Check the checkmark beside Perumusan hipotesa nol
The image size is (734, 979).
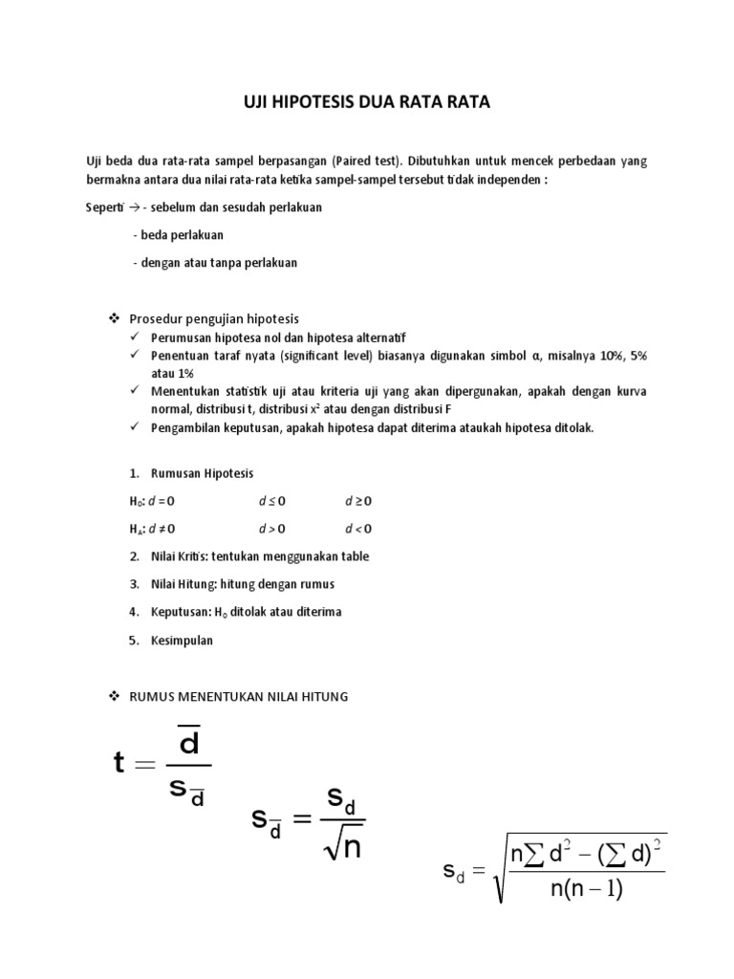point(136,337)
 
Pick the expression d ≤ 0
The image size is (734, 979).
point(272,501)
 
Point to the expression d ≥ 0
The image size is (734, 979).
point(358,501)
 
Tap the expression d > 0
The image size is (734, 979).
point(272,528)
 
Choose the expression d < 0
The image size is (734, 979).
point(358,528)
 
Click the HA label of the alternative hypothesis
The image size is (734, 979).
point(137,529)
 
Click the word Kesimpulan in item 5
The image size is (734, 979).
point(182,641)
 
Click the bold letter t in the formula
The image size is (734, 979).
point(120,762)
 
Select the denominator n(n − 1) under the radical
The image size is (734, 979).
point(586,889)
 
